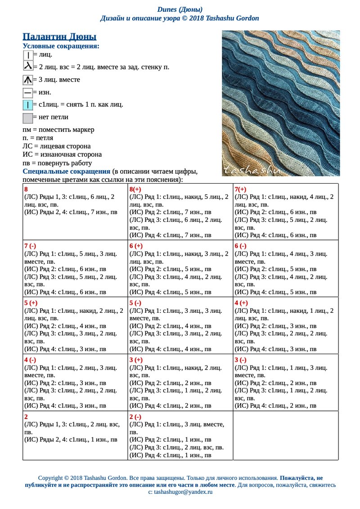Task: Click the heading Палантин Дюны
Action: pos(59,37)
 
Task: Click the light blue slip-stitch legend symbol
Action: pos(27,105)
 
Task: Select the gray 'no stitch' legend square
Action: pos(27,118)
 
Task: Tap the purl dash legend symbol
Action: pos(27,93)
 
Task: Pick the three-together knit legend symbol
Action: pos(27,80)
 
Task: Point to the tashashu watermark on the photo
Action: pos(252,170)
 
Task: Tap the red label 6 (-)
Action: pos(241,246)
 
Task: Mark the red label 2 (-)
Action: pos(135,417)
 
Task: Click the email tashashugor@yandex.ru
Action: pos(180,492)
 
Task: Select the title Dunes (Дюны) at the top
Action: pos(180,9)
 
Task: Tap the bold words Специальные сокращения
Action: pos(67,171)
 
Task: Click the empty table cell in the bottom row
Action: pos(285,435)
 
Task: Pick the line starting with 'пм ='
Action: pos(58,130)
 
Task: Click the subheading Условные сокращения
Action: pos(61,46)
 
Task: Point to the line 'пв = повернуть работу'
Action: pos(57,163)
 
